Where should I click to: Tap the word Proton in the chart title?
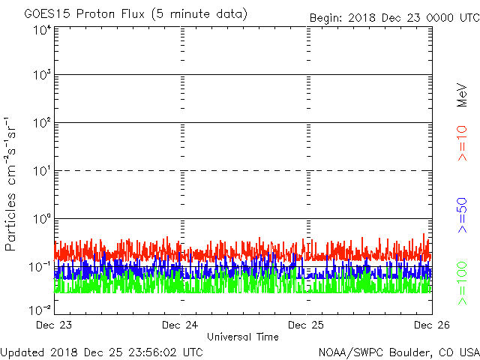pos(94,14)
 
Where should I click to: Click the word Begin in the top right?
pos(326,18)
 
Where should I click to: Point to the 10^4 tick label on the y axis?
pos(41,30)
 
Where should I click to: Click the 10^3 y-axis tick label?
pos(41,75)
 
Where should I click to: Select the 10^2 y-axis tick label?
pos(41,123)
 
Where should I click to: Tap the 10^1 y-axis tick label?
pos(41,171)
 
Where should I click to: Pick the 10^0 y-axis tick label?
pos(41,219)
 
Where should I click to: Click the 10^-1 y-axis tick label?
pos(40,267)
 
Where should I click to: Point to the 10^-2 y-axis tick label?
pos(40,310)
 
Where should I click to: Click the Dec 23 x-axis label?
pos(54,325)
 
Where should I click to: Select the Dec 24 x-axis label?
pos(181,325)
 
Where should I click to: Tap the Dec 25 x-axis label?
pos(307,325)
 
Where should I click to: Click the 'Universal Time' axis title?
pos(243,337)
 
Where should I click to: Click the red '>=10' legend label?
pos(462,142)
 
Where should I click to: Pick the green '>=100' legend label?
pos(462,283)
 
